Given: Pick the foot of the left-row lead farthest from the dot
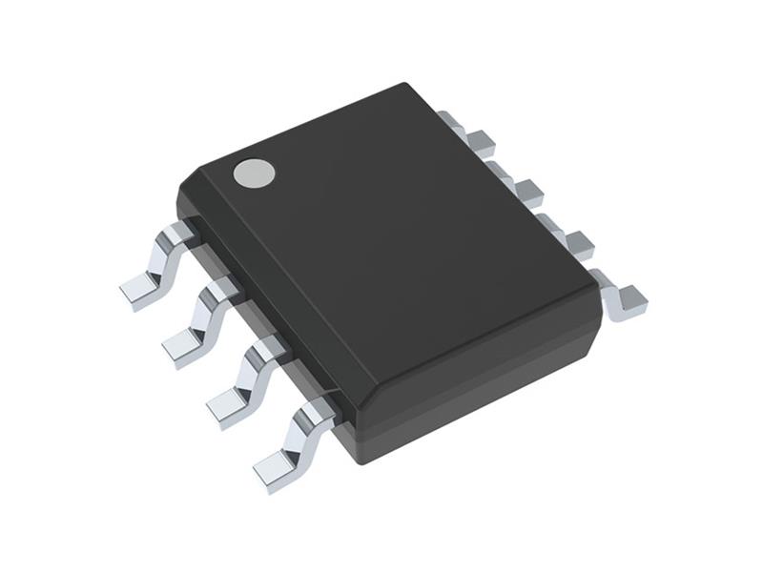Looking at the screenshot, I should [x=277, y=469].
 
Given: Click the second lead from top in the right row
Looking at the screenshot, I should [x=523, y=189].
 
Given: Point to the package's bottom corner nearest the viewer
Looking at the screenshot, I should [x=357, y=458].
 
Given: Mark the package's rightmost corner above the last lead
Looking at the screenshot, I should [x=598, y=315].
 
